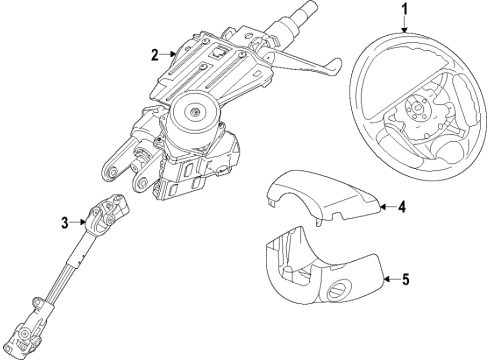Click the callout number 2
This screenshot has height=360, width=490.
(x=153, y=54)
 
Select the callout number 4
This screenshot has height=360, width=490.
(x=402, y=208)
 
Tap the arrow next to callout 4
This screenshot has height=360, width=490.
(x=384, y=208)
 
